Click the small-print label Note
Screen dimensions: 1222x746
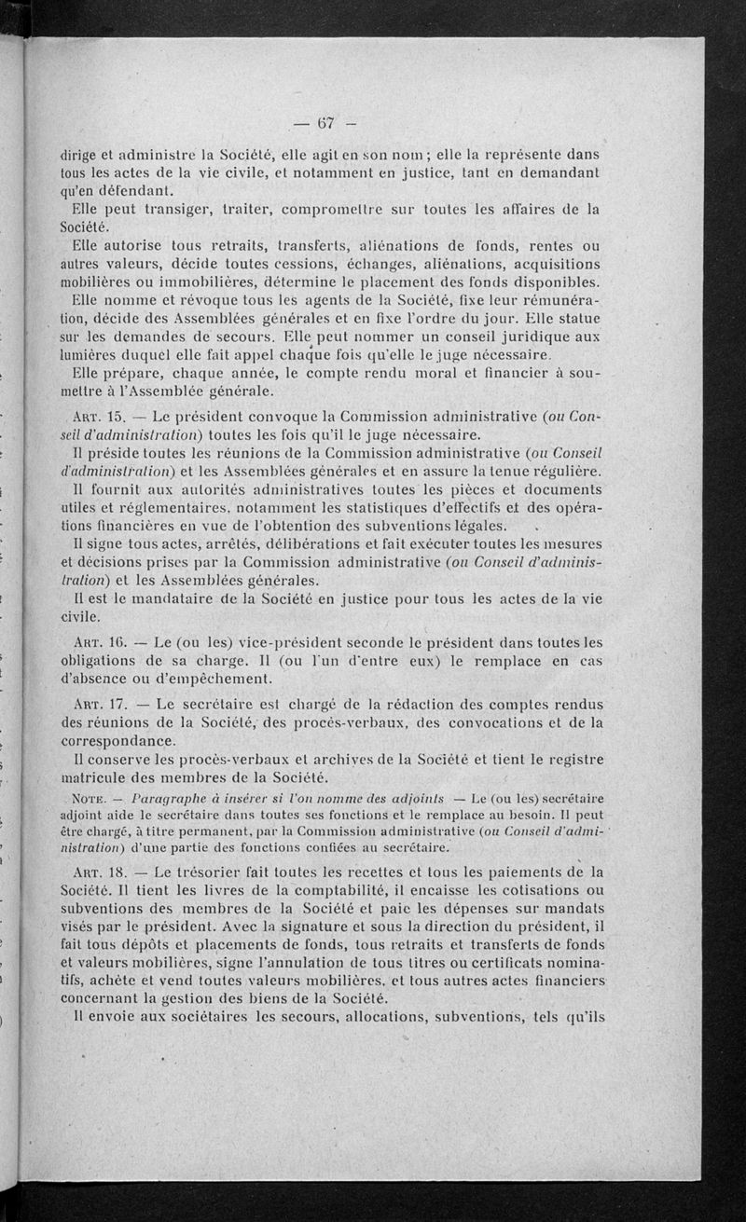91,798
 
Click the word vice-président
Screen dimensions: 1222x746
245,641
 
